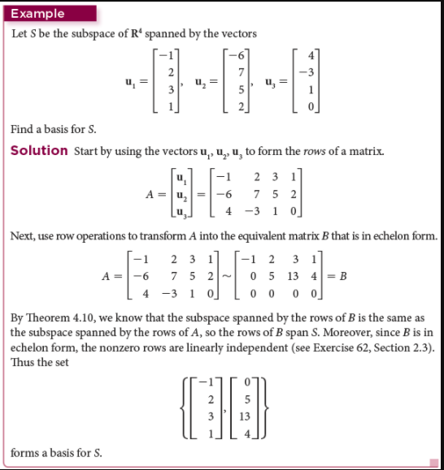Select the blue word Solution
click(39, 150)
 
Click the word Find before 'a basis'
click(23, 130)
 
